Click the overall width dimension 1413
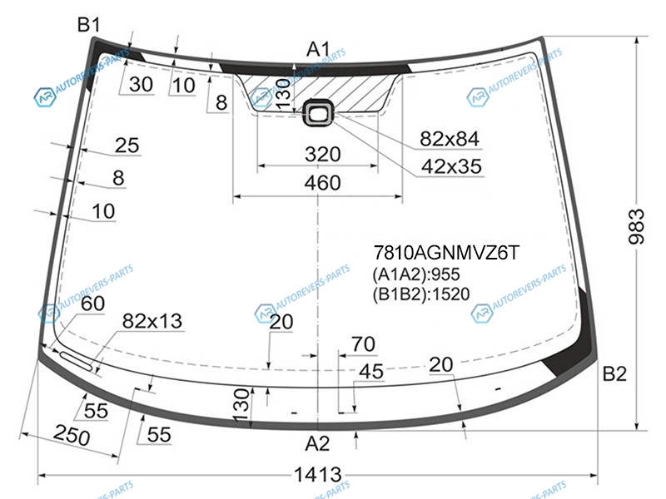click(x=317, y=474)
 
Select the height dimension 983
click(x=636, y=226)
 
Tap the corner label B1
click(x=88, y=25)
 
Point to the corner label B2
click(x=614, y=373)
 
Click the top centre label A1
click(x=318, y=49)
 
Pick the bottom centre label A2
click(x=317, y=444)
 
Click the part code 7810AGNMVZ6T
click(x=446, y=253)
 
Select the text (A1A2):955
click(x=416, y=274)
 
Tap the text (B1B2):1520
click(x=421, y=294)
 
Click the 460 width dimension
click(x=322, y=183)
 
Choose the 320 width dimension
click(x=322, y=154)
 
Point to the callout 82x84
click(x=450, y=139)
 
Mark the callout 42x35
click(x=451, y=167)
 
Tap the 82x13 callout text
click(x=152, y=321)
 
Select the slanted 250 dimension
click(x=72, y=435)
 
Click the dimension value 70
click(x=363, y=344)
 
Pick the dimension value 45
click(x=370, y=372)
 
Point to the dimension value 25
click(x=127, y=146)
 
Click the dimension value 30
click(x=141, y=85)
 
